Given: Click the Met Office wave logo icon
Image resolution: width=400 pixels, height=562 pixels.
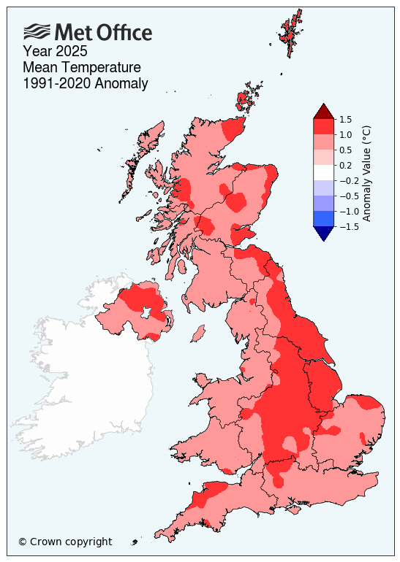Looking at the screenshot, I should point(37,31).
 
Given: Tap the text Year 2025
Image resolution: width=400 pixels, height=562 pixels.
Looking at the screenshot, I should point(56,51).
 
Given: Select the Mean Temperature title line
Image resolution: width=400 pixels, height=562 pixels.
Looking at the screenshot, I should point(81,67).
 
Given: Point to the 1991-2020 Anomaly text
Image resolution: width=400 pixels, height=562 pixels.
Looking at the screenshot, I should point(86,84).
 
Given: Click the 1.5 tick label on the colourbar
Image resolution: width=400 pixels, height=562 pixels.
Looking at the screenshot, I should point(346,119).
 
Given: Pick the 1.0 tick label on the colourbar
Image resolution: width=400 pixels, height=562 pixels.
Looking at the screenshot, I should point(346,134).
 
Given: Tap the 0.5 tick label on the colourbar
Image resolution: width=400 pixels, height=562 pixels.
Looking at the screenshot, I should point(346,150).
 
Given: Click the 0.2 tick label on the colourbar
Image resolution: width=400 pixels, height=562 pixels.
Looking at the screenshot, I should point(346,165).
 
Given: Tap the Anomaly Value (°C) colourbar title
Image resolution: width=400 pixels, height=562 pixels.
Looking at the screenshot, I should point(368,173).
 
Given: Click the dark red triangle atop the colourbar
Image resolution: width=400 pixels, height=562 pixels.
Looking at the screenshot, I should point(324,112).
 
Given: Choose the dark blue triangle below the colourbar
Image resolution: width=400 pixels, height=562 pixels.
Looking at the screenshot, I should point(324,233).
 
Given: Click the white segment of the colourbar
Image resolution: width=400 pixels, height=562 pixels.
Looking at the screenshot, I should point(324,172).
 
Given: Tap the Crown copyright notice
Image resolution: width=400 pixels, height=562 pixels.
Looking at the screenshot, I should point(65,542).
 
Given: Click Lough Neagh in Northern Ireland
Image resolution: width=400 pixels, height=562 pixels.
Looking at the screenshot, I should point(147,313).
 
